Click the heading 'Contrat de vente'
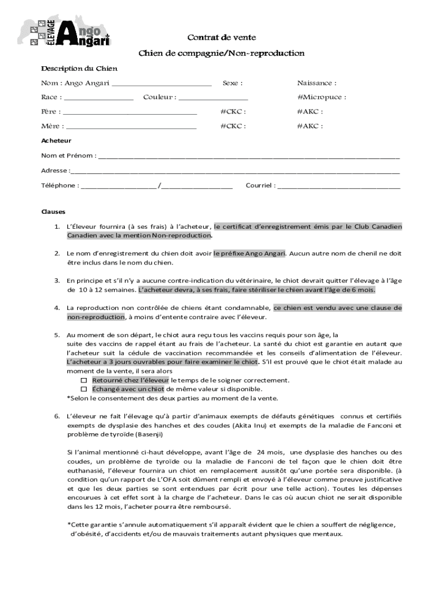coord(221,37)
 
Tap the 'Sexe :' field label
coord(232,84)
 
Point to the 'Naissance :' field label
coord(316,84)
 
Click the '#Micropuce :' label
coord(322,97)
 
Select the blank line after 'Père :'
coord(129,113)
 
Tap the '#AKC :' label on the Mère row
coord(310,126)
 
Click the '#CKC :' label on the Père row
coord(234,111)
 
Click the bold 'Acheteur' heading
coord(56,141)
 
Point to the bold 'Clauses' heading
coord(53,211)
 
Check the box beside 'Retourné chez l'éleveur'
coord(83,381)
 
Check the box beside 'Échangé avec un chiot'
coord(83,389)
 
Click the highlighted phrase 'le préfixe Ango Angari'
coord(250,254)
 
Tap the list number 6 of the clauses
coord(57,416)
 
